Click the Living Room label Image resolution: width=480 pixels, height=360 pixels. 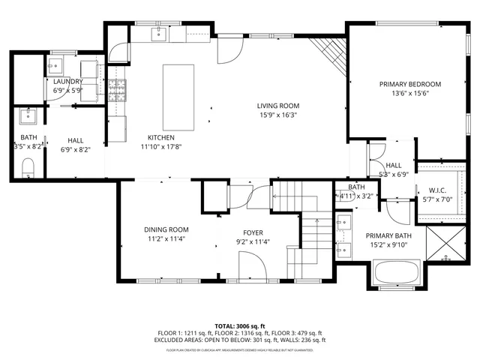[278, 106]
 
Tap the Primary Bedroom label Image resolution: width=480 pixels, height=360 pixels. [409, 84]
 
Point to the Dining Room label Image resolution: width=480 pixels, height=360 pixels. [166, 229]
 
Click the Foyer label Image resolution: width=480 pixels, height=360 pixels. [253, 232]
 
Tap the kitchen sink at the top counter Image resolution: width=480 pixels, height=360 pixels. [160, 34]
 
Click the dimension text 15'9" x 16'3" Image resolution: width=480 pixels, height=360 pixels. [278, 115]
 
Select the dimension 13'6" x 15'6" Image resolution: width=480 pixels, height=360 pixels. [409, 94]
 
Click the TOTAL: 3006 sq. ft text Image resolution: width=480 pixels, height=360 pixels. [240, 326]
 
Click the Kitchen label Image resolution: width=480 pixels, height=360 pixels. [160, 137]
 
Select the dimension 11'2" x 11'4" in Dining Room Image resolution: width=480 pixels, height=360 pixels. [166, 239]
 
